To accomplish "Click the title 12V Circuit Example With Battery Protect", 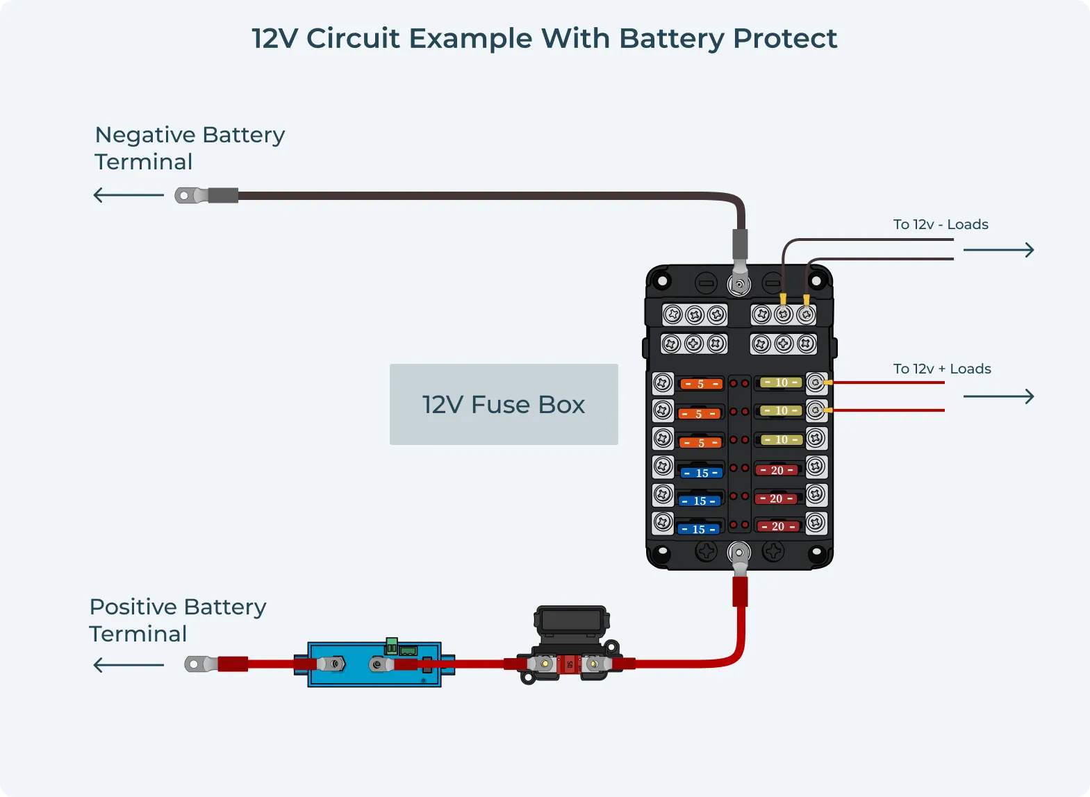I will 544,39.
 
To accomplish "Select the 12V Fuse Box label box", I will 504,404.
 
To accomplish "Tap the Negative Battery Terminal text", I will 189,148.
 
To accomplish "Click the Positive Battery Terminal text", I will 177,620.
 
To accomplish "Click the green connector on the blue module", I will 392,646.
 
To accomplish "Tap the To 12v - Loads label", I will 941,224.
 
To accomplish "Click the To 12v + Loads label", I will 942,369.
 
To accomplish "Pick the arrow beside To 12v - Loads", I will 998,250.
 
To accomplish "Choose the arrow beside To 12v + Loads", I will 998,396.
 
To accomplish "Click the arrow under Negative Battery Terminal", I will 129,195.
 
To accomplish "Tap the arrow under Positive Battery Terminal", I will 129,665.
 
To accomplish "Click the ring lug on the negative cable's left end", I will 185,196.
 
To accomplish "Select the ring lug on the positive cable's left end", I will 195,664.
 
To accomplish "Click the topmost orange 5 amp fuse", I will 701,384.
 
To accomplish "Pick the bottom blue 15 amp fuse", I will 699,529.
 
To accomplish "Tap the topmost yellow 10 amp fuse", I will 782,383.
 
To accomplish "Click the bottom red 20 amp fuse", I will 778,526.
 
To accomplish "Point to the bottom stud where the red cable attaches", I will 739,553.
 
